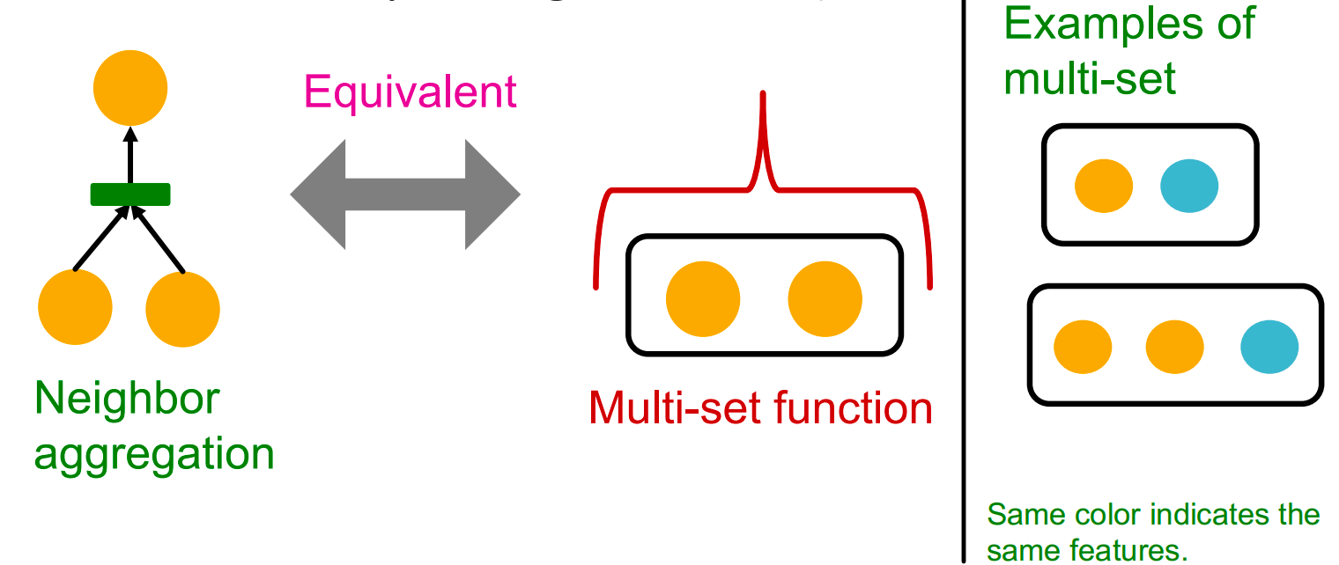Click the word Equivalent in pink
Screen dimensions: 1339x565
click(x=411, y=92)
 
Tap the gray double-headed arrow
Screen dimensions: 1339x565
click(x=405, y=194)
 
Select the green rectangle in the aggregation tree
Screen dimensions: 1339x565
click(x=130, y=194)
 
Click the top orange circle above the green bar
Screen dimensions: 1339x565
click(x=130, y=89)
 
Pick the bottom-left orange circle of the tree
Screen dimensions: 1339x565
click(x=76, y=309)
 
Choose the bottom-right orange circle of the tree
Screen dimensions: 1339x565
click(x=182, y=309)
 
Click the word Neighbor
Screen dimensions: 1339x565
click(x=127, y=400)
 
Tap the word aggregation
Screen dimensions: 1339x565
click(x=154, y=454)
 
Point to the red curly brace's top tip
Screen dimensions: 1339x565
click(x=763, y=95)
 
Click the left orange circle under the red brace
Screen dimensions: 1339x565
click(x=703, y=299)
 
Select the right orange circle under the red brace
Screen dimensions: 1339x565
click(x=825, y=299)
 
